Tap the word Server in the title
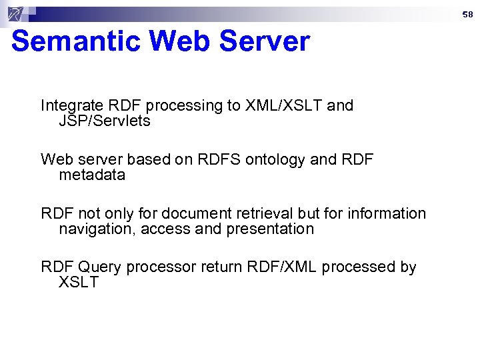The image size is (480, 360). click(264, 41)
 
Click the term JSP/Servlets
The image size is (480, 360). click(105, 121)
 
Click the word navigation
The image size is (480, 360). click(92, 229)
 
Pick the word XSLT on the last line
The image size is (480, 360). click(79, 283)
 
